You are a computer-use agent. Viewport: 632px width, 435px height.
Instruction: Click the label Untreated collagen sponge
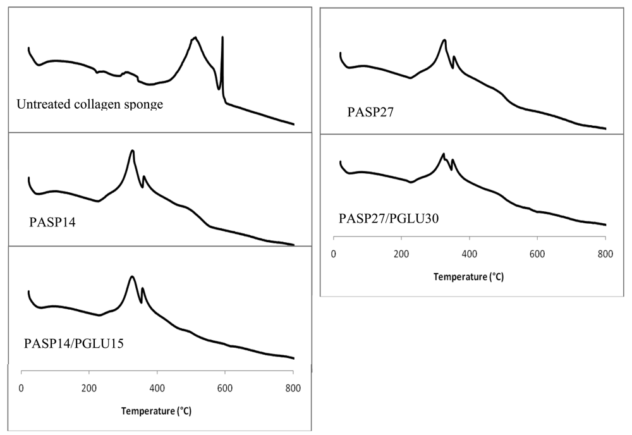(x=90, y=104)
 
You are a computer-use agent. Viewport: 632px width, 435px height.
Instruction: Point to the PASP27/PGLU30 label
(x=389, y=218)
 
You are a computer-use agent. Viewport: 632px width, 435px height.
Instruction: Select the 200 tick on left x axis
(x=89, y=388)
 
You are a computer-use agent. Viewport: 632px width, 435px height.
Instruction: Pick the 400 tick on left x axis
(x=157, y=388)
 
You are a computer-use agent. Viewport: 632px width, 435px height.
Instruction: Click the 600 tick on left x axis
(x=225, y=388)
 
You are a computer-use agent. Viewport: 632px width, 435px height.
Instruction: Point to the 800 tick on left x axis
(x=293, y=388)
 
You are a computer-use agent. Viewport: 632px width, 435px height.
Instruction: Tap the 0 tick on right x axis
(x=333, y=255)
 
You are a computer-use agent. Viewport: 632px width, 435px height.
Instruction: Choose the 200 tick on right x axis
(x=401, y=255)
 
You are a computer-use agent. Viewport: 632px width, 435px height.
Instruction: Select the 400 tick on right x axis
(x=469, y=255)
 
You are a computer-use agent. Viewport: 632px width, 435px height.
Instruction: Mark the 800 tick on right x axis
(x=605, y=255)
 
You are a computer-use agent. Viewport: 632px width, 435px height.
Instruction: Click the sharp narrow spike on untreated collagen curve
(x=222, y=39)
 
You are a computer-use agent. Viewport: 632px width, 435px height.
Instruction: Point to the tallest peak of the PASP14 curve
(x=132, y=151)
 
